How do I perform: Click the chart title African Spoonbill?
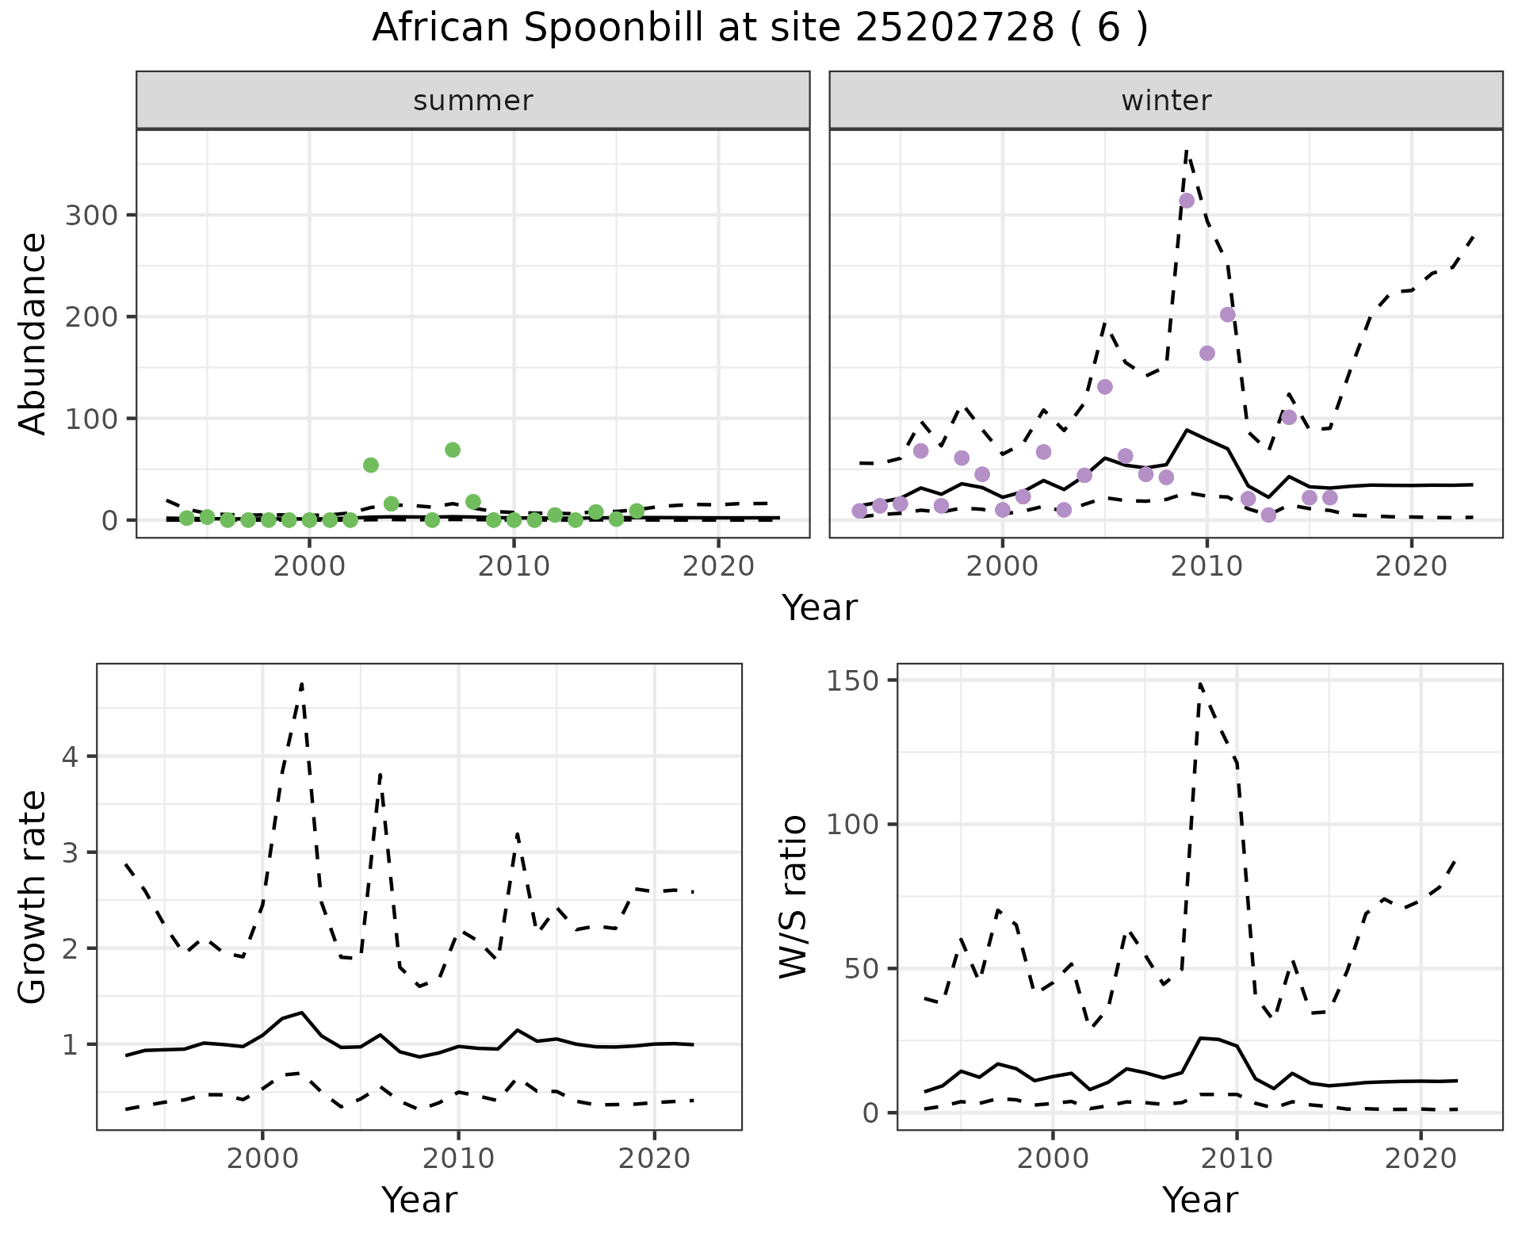759,29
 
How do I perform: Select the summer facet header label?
473,101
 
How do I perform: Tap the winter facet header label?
1166,101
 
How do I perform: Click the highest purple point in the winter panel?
1187,201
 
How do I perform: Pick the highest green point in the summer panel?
453,450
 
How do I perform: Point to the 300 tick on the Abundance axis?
91,215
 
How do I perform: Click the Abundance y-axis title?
33,333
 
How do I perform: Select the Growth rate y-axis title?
33,897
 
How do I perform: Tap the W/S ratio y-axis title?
794,897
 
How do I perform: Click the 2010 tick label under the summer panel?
514,566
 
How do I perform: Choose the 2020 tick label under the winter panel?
1411,566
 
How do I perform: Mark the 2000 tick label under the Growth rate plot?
262,1158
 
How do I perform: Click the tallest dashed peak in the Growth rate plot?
302,683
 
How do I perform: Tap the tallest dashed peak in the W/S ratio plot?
1200,683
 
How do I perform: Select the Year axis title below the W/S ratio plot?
1199,1201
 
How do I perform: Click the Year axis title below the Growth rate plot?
419,1201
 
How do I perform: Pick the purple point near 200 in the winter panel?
1227,315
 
